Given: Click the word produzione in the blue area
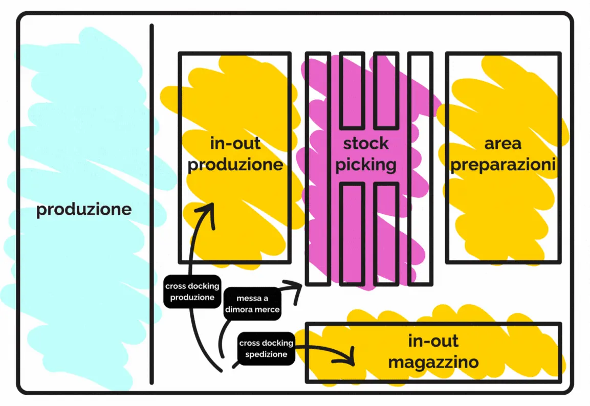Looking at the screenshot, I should click(x=84, y=210).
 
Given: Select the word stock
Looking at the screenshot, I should click(x=366, y=143).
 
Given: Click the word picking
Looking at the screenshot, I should click(x=366, y=165).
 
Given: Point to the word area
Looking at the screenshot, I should click(x=503, y=143).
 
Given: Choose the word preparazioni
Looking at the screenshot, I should click(x=503, y=165).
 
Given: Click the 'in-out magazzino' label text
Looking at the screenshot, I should click(x=433, y=352).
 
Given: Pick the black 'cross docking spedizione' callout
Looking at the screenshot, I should click(x=266, y=348).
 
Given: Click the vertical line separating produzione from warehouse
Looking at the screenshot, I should click(x=151, y=205).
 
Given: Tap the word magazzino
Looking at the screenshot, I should click(x=433, y=363).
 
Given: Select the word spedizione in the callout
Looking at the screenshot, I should click(x=266, y=354).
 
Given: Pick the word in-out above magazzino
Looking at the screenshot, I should click(x=433, y=341).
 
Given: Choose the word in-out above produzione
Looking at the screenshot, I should click(x=235, y=143).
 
